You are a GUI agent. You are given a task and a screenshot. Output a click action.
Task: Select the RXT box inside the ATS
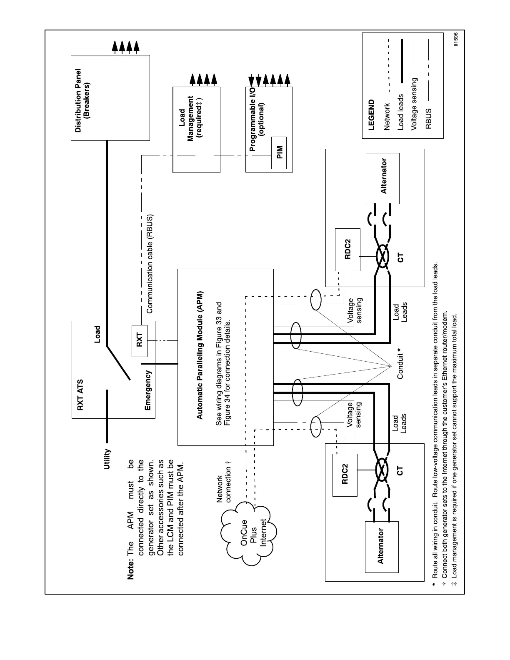coord(140,340)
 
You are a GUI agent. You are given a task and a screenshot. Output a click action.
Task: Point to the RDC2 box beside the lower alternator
coord(345,475)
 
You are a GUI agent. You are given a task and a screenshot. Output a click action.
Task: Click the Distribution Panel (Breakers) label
coord(82,101)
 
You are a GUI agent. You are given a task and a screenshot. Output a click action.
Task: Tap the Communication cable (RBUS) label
coord(150,263)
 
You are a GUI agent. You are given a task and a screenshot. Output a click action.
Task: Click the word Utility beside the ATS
coord(107,459)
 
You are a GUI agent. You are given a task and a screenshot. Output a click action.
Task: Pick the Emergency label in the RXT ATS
coord(148,390)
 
